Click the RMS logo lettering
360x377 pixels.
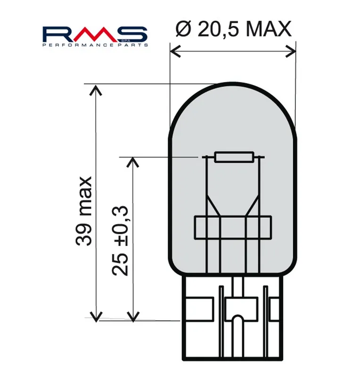coord(95,34)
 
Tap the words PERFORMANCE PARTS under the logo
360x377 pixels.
coord(95,45)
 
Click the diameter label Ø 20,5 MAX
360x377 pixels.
coord(233,29)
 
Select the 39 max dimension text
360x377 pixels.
coord(84,211)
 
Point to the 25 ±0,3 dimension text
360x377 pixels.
coord(120,241)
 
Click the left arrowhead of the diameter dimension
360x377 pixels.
coord(175,51)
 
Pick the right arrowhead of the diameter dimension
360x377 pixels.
coord(291,51)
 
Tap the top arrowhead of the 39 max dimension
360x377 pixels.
coord(96,90)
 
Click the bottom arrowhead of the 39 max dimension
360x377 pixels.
coord(96,317)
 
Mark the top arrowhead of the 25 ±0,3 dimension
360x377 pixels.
coord(133,162)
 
